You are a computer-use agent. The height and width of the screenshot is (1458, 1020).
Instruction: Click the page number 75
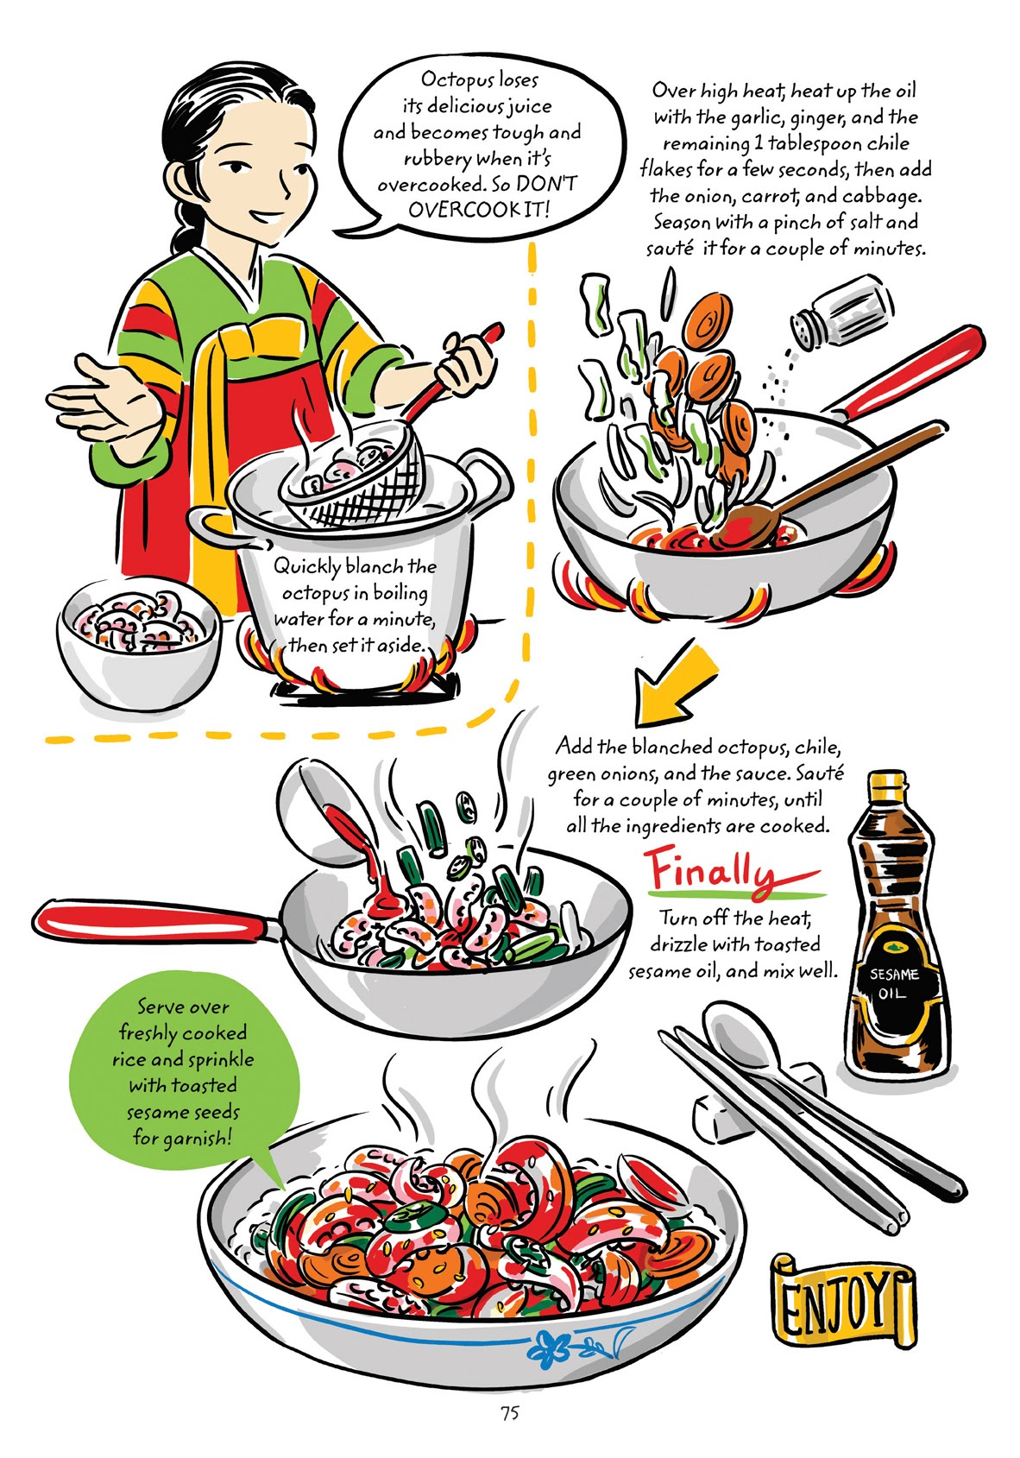(509, 1413)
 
